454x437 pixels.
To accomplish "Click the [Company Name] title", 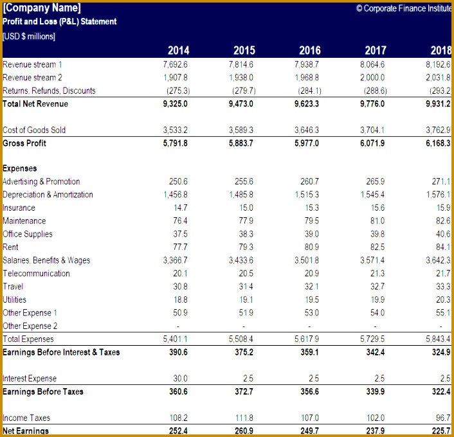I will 42,8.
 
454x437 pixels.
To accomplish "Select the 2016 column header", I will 310,50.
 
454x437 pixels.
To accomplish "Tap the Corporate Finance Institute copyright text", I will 404,8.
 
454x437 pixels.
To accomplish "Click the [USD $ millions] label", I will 29,36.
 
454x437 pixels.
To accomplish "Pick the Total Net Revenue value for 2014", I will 175,104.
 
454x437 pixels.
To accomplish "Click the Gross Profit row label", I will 24,143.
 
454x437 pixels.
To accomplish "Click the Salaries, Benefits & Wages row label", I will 46,260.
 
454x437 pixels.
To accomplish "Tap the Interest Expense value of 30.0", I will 180,379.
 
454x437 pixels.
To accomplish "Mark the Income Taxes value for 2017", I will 376,418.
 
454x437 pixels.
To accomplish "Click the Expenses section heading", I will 20,168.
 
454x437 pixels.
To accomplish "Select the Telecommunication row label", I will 36,274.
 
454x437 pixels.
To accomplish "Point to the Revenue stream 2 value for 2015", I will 241,78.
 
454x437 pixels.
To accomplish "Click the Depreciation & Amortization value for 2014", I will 176,195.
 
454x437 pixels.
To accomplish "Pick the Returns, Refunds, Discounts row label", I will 49,91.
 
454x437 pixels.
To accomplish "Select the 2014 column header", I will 178,50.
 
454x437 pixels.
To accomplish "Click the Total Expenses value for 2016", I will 306,339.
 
